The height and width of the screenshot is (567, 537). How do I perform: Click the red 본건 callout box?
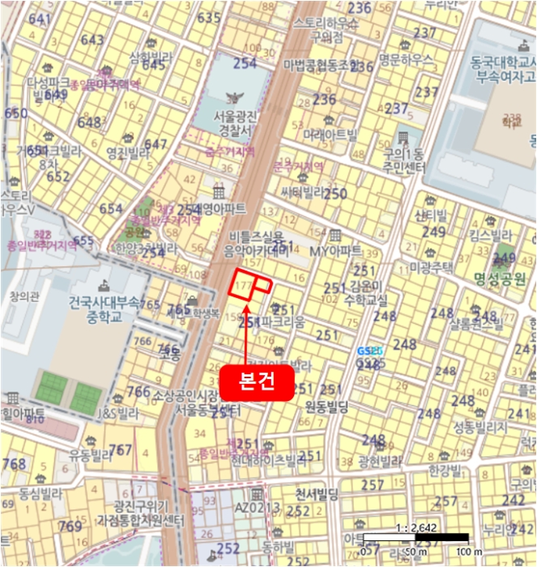[x=255, y=382]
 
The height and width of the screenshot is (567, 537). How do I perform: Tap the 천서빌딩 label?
[x=317, y=492]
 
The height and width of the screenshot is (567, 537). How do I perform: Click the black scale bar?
[x=416, y=538]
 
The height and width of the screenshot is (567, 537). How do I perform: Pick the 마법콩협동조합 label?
[x=320, y=63]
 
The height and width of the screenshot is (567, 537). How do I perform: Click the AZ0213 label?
[x=257, y=507]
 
